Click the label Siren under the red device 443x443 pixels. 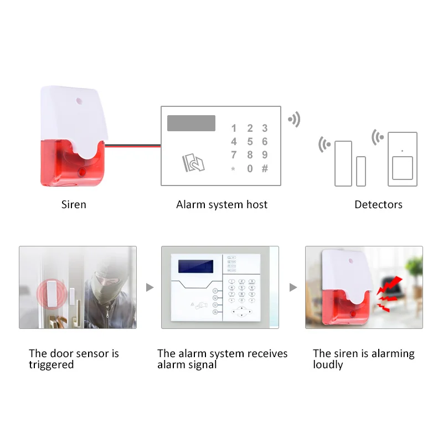tap(74, 205)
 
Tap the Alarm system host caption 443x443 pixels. tap(221, 205)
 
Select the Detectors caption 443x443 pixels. tap(378, 205)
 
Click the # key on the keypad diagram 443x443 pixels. tap(265, 168)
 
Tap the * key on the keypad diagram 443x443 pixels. tap(233, 169)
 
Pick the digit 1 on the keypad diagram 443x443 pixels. tap(234, 128)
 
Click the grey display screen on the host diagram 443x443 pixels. tap(191, 123)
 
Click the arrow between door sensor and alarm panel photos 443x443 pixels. tap(149, 287)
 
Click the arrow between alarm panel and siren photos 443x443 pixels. tap(293, 287)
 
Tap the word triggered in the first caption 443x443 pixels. tap(51, 365)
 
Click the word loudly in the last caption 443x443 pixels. tap(328, 365)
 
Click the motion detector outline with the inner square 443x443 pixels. tap(403, 159)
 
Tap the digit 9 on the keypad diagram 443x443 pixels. tap(265, 155)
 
